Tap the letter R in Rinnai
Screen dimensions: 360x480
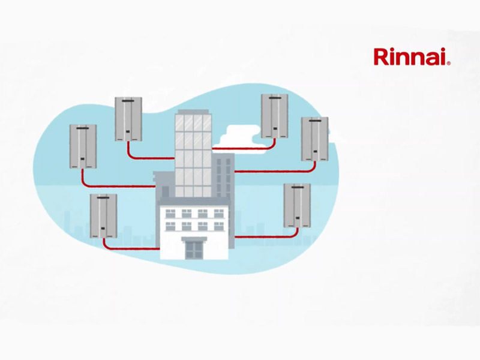[380, 58]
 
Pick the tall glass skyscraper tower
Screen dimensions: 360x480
[193, 153]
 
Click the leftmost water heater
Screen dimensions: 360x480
[83, 146]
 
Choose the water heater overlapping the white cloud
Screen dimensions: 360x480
[275, 116]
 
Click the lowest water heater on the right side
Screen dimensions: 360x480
[298, 206]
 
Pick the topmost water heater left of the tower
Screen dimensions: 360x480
[128, 118]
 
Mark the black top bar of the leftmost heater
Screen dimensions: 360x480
[83, 127]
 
